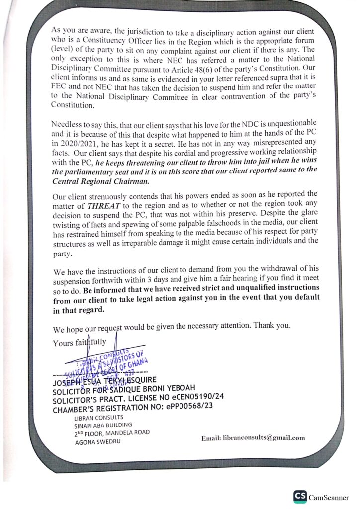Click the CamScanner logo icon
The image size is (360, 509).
point(300,497)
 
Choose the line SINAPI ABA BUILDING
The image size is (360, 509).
point(102,425)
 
